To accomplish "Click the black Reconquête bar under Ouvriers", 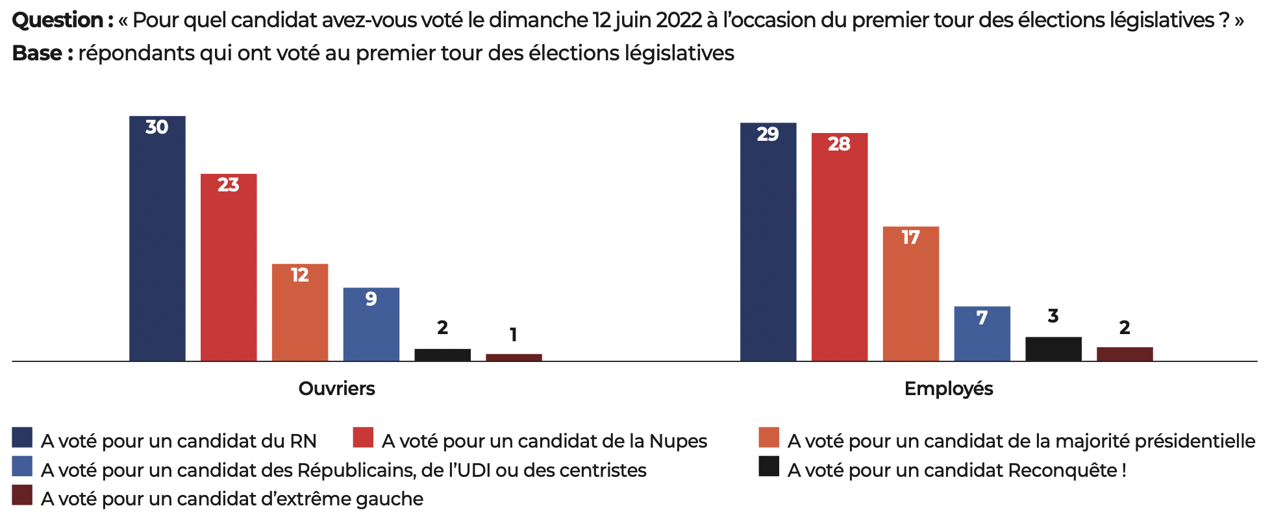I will pos(443,355).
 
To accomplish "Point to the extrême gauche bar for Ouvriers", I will pos(514,357).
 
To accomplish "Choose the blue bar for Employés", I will pos(982,333).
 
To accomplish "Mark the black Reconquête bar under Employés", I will pos(1054,349).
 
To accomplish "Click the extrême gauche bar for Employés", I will pos(1125,354).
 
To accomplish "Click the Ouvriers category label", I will pos(336,389).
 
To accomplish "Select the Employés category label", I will pos(949,389).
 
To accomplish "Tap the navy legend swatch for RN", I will pos(22,437).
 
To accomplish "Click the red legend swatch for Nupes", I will pos(363,437).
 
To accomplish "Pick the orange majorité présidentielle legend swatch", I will pos(769,437).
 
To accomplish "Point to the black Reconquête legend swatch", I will pos(769,466).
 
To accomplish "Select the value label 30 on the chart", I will pos(156,127).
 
